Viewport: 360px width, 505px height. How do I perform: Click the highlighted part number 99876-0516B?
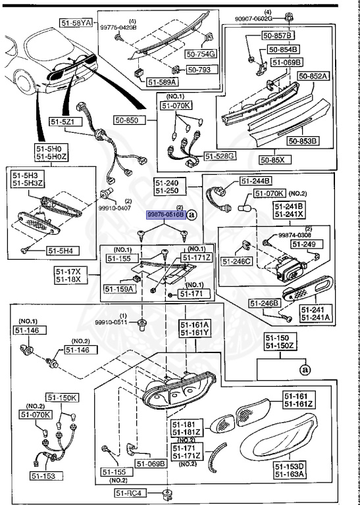[166, 214]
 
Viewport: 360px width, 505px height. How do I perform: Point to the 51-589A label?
[162, 82]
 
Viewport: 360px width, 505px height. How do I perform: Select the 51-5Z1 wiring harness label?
[65, 122]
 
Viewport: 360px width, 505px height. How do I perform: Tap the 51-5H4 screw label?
[63, 250]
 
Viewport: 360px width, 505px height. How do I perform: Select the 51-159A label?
[118, 288]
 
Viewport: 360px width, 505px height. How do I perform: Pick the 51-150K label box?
[62, 398]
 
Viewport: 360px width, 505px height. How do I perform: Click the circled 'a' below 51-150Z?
[304, 370]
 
